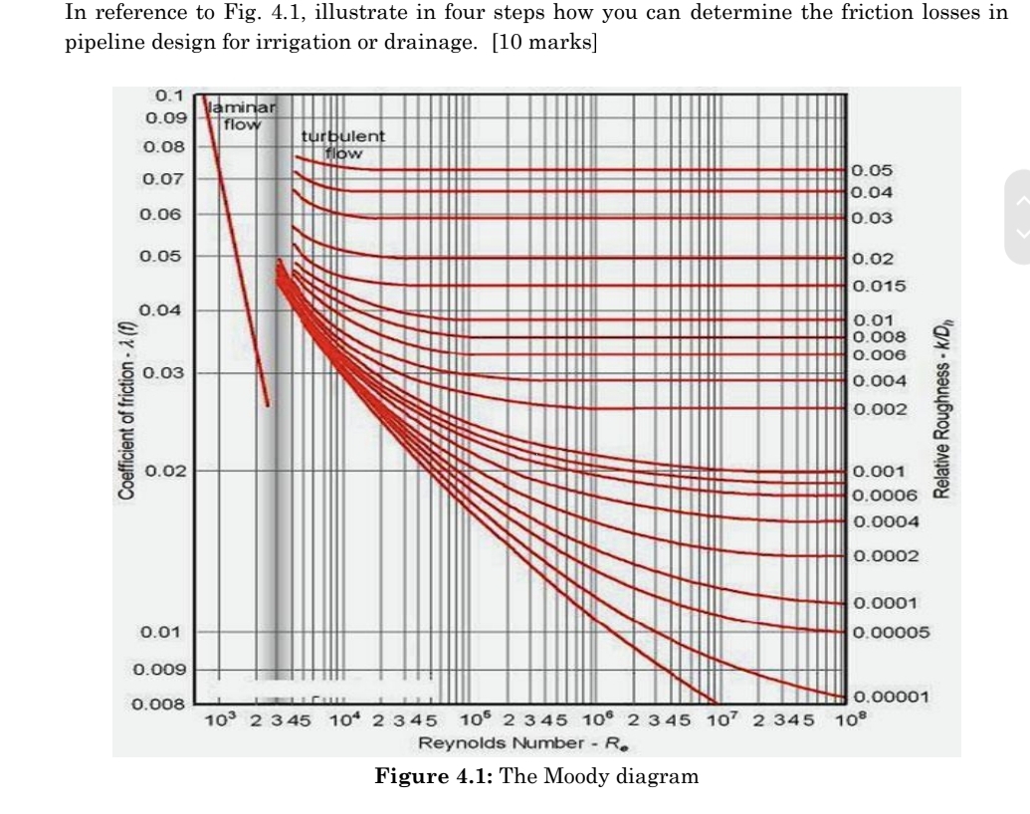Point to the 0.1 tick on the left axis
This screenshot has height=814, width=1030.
tap(171, 97)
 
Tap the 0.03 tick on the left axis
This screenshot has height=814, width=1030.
tap(159, 373)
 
